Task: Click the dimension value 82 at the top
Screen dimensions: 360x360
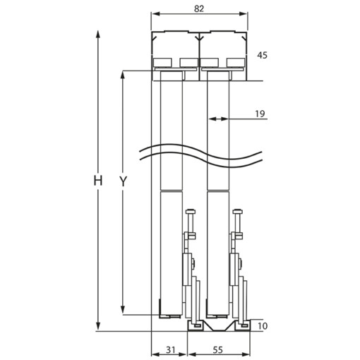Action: click(199, 8)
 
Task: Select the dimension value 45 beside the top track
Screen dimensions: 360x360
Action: click(262, 55)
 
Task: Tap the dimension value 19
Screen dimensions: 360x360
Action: click(260, 114)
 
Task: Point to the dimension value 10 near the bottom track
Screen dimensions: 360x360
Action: click(263, 326)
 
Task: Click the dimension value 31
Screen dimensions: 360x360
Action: click(171, 350)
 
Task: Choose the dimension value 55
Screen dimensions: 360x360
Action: click(218, 350)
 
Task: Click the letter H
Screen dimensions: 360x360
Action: click(98, 181)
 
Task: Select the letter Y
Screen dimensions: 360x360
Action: click(123, 181)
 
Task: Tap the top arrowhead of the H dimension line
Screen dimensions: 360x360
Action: click(98, 34)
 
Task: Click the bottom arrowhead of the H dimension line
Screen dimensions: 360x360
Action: click(98, 327)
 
